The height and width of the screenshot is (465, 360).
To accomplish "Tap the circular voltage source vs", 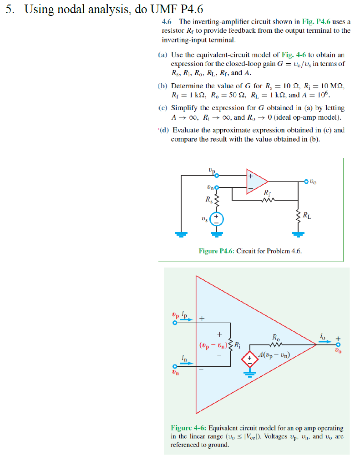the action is (x=217, y=219).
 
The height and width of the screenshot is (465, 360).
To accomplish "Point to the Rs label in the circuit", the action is (x=208, y=199).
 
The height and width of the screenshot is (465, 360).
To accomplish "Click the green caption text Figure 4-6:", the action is (x=188, y=428).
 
